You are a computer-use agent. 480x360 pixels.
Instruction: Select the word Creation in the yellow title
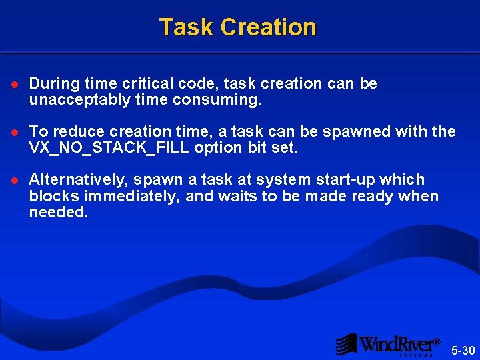pyautogui.click(x=268, y=27)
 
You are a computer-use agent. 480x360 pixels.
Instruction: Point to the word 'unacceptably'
pyautogui.click(x=70, y=100)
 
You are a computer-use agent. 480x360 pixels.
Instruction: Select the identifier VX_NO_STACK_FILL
pyautogui.click(x=109, y=148)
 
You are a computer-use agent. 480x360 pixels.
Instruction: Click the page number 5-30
pyautogui.click(x=463, y=350)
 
